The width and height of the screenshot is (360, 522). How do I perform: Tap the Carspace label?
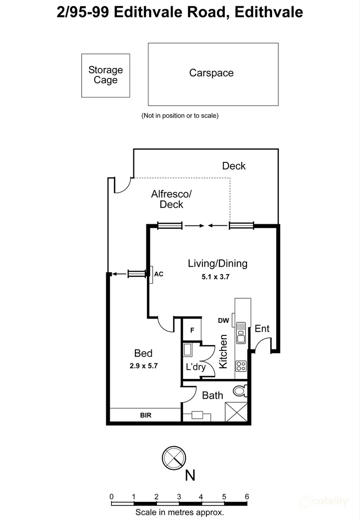click(211, 73)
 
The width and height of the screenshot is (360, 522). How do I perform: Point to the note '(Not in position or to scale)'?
click(180, 116)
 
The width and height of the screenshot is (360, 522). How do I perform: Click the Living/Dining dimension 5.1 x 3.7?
click(216, 276)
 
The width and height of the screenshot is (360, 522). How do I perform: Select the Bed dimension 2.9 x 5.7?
click(144, 365)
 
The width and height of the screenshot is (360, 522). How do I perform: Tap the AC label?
click(158, 274)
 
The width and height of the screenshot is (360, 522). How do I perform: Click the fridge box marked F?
click(192, 330)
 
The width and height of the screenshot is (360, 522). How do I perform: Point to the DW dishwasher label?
click(224, 320)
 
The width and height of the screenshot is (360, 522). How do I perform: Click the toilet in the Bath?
click(240, 391)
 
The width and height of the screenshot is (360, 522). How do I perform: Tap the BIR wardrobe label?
click(146, 415)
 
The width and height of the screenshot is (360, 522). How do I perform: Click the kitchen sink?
click(241, 333)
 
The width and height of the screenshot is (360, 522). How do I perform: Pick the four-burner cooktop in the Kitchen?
click(241, 366)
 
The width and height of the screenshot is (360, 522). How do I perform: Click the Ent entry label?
click(262, 329)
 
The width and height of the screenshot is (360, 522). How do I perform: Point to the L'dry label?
click(196, 367)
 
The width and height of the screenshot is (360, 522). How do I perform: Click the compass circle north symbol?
click(174, 458)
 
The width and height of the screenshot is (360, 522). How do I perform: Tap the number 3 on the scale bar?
click(179, 497)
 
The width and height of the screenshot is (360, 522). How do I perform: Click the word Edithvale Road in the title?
click(171, 12)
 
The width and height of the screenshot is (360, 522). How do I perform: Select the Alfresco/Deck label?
click(172, 199)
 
